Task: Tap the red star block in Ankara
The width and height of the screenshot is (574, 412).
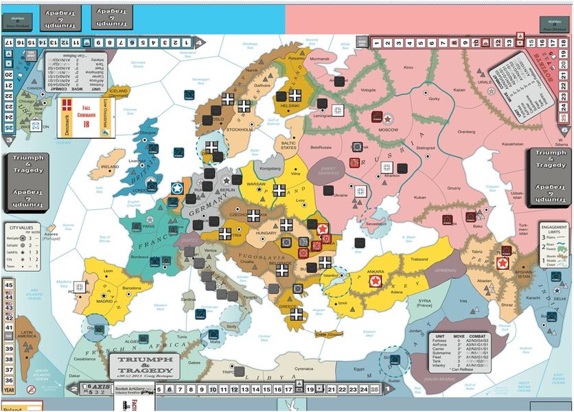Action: click(376, 281)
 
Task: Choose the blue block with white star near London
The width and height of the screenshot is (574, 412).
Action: click(176, 189)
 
